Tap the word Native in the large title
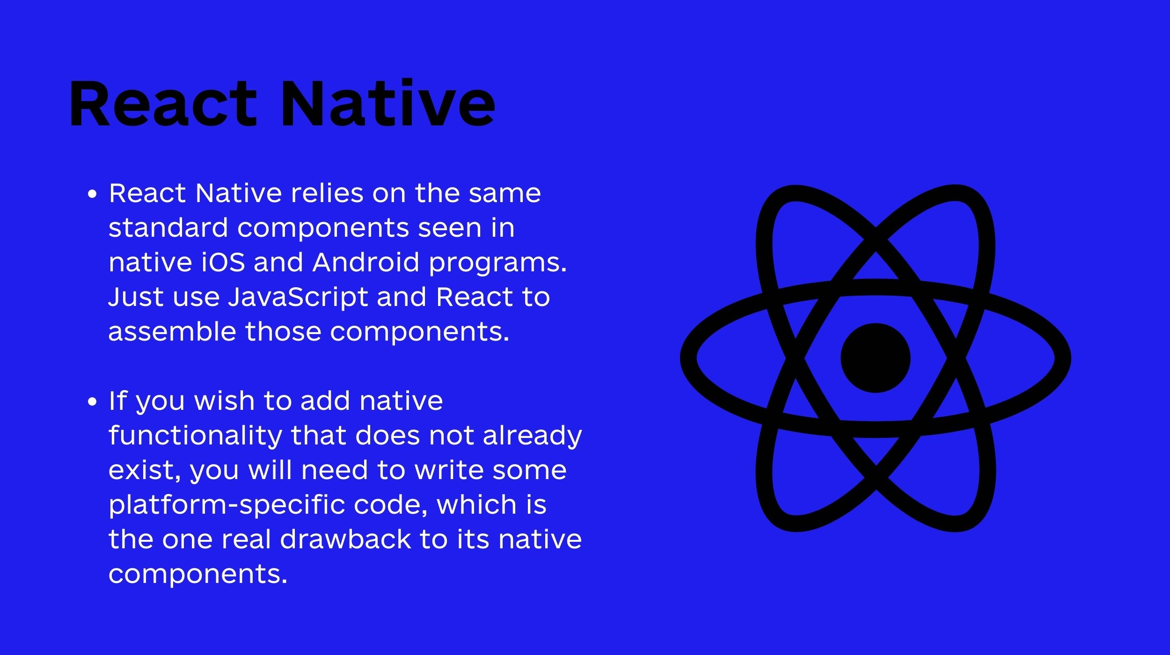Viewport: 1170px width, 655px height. pyautogui.click(x=388, y=103)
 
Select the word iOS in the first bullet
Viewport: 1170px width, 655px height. pyautogui.click(x=223, y=262)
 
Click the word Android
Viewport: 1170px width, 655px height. pyautogui.click(x=366, y=262)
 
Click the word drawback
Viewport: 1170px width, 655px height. pyautogui.click(x=345, y=539)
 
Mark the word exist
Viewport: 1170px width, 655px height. pyautogui.click(x=145, y=471)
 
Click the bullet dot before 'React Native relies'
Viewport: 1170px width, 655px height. pyautogui.click(x=93, y=194)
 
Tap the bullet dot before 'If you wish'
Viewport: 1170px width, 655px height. pyautogui.click(x=93, y=401)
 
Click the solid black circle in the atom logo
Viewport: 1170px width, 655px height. pyautogui.click(x=876, y=358)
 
